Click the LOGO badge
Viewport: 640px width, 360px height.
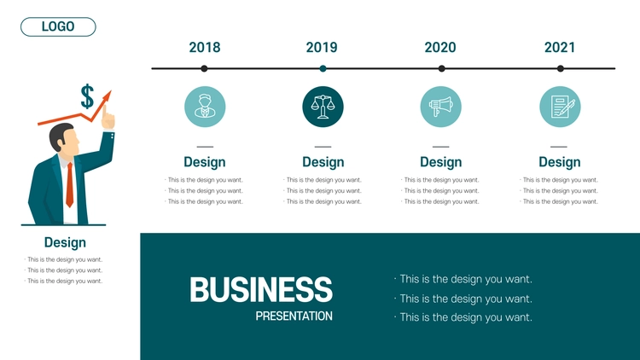click(x=58, y=27)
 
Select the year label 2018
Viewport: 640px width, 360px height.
click(x=205, y=48)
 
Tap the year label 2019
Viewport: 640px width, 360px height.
click(x=322, y=48)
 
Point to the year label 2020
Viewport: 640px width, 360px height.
click(x=440, y=48)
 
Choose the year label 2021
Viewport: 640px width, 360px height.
click(x=560, y=48)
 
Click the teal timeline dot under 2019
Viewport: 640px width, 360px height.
click(x=323, y=68)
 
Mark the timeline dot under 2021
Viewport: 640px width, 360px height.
click(x=561, y=68)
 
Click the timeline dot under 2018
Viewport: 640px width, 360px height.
click(x=204, y=68)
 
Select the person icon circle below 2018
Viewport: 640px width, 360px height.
click(x=205, y=107)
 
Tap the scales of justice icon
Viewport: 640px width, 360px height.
click(x=323, y=107)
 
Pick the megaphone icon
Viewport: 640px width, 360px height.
click(x=441, y=107)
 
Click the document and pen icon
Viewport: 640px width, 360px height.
click(x=560, y=107)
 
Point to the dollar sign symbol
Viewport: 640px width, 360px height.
click(x=87, y=96)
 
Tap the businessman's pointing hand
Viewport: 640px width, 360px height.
click(x=108, y=118)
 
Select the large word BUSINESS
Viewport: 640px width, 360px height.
click(x=261, y=289)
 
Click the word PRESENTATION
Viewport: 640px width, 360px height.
click(x=294, y=316)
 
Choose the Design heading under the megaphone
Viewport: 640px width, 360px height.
click(x=441, y=162)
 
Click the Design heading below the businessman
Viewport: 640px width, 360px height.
click(x=65, y=242)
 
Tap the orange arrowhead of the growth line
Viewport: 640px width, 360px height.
click(x=107, y=96)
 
